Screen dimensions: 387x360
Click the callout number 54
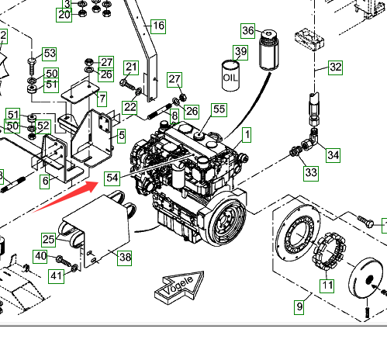(112, 178)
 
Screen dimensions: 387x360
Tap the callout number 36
(248, 31)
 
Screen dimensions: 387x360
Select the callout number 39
(240, 53)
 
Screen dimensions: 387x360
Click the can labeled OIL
(230, 76)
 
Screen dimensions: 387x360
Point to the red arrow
(66, 196)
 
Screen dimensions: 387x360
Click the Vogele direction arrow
(179, 287)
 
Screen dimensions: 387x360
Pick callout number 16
(158, 26)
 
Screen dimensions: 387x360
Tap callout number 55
(219, 109)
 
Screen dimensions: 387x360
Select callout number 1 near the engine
(247, 135)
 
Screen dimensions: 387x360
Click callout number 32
(336, 67)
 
